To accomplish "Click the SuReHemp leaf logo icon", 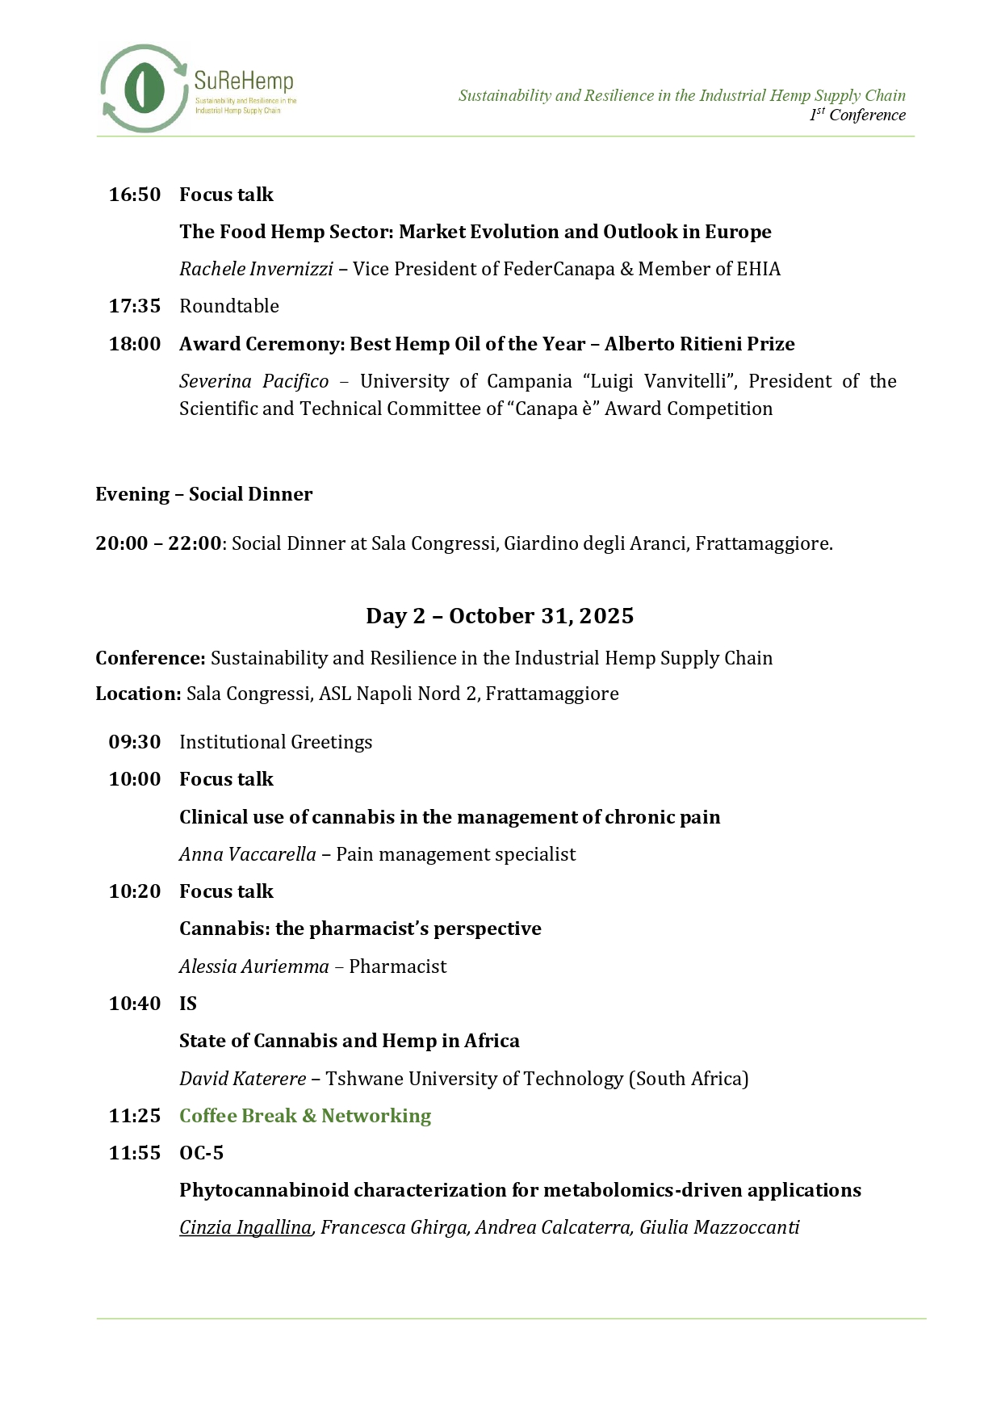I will [x=144, y=88].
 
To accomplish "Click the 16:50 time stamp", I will [x=135, y=195].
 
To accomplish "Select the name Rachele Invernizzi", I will [x=256, y=269].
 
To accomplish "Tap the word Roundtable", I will [x=229, y=306].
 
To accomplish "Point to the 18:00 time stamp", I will [x=135, y=344].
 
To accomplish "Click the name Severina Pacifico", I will [x=254, y=381].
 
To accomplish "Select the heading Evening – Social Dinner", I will [x=204, y=494].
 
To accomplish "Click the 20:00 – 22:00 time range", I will [x=158, y=543].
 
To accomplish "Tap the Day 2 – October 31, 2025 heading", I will [x=500, y=616].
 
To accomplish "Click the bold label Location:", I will [x=138, y=694].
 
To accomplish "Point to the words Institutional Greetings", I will [x=275, y=742].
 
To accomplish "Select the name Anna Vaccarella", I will [x=248, y=854].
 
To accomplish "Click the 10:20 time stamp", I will [x=135, y=891].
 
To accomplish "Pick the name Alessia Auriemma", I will [x=254, y=966].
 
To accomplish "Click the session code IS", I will [x=188, y=1004].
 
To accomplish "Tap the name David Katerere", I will [x=243, y=1079].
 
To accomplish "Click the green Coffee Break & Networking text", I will [x=305, y=1116].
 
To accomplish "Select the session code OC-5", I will [x=201, y=1153].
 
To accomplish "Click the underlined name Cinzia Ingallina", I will [x=245, y=1228].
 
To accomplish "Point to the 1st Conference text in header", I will [x=857, y=115].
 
